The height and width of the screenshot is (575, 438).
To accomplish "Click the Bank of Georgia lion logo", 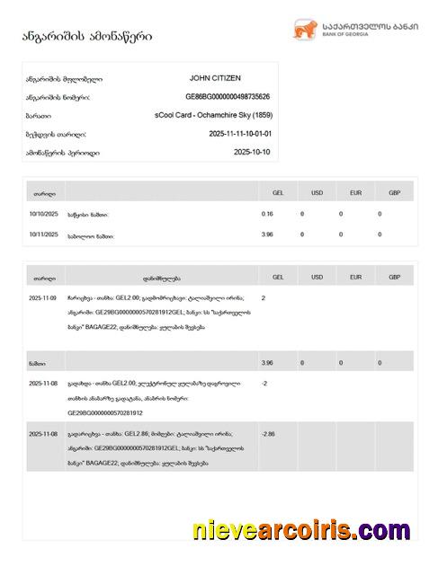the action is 302,31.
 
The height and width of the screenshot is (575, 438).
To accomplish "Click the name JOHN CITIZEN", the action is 215,79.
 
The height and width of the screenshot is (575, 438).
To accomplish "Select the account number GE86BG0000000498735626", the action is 228,97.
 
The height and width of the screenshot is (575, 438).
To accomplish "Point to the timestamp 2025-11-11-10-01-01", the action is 239,134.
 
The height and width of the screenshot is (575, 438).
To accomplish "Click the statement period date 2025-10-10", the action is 251,153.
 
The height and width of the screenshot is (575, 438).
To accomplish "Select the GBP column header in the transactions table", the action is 380,278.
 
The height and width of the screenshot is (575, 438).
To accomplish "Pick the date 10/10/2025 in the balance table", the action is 43,214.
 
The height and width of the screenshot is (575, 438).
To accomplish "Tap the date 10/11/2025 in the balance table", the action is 43,234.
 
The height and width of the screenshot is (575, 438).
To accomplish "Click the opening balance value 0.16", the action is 267,214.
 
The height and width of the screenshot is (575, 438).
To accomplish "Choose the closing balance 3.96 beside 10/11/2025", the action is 267,234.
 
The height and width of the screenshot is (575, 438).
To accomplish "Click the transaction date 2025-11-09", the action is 43,297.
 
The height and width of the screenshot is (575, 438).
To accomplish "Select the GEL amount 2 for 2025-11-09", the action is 264,297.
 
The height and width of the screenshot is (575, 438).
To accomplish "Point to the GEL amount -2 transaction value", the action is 264,383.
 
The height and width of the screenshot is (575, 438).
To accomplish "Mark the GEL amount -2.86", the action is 268,434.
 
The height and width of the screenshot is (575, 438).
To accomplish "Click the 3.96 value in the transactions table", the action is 267,362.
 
